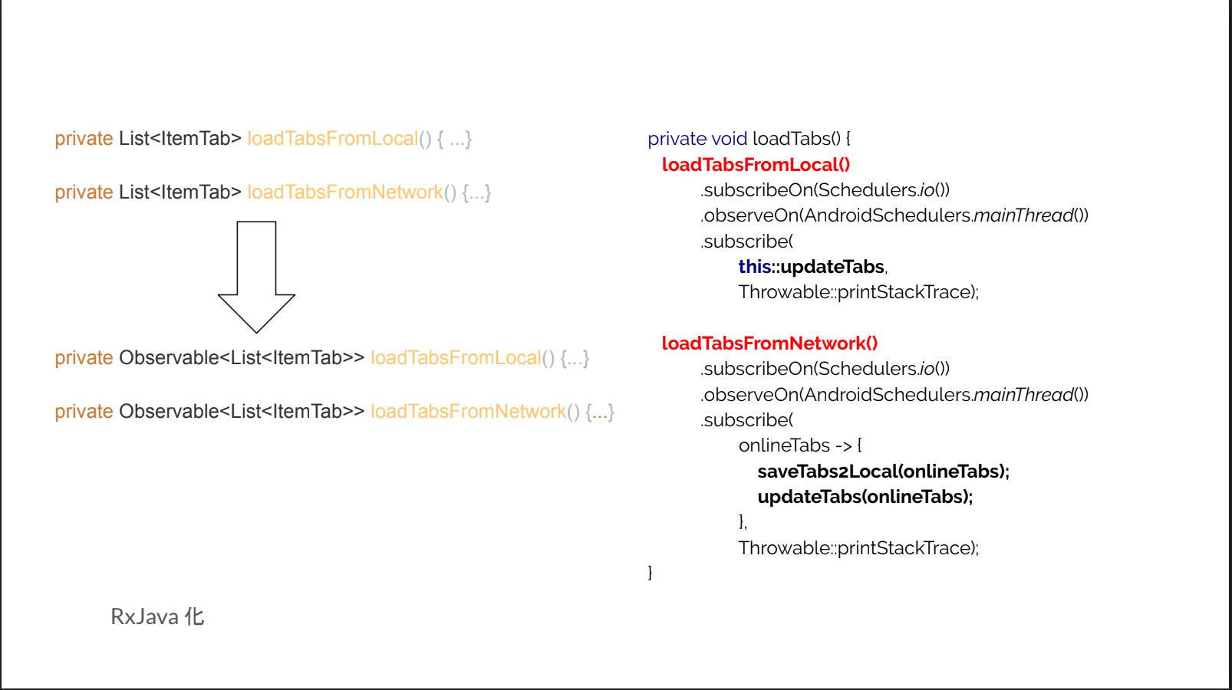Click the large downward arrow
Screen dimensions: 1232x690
tap(256, 277)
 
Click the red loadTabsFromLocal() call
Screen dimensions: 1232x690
tap(756, 164)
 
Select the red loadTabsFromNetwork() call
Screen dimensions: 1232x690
tap(769, 343)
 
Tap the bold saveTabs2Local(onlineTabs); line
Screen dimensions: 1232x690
tap(883, 472)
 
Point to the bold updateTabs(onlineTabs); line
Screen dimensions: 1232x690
tap(865, 497)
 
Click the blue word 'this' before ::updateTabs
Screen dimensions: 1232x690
tap(754, 266)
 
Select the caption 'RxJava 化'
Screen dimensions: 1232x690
tap(157, 617)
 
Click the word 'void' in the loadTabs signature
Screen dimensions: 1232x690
tap(729, 139)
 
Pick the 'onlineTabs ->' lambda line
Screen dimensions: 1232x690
tap(799, 445)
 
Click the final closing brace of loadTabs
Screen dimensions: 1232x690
tap(650, 573)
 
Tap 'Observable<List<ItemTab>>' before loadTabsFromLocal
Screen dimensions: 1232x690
tap(242, 357)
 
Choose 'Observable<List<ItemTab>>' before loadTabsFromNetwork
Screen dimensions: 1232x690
tap(242, 411)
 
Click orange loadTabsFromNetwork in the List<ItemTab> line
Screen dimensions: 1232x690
tap(345, 192)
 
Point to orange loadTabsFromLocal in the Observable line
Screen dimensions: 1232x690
tap(456, 357)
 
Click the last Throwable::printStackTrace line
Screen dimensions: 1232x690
tap(858, 547)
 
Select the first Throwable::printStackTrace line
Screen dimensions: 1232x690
tap(858, 291)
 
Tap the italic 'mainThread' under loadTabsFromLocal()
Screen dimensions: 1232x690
tap(1023, 215)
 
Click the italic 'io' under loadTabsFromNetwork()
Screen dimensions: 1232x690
tap(927, 368)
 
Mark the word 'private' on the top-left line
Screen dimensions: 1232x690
tap(84, 139)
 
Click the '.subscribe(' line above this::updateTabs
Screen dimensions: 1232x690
tap(746, 241)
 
